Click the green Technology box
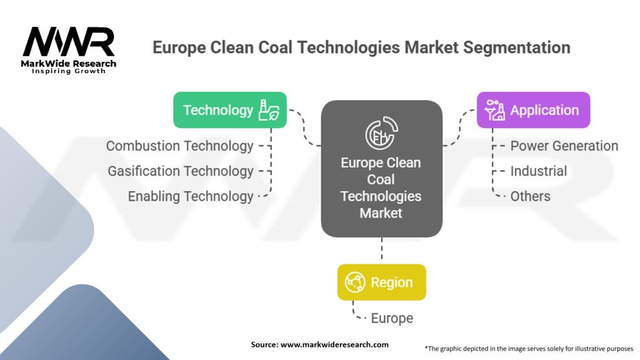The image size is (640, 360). pos(229,110)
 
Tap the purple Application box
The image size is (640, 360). pos(533,110)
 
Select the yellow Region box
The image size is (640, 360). pos(381,282)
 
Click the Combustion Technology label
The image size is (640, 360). pos(179,146)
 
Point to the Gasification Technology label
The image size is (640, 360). pos(181,171)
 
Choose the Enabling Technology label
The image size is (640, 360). pos(191,196)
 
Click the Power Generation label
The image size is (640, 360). pos(564,146)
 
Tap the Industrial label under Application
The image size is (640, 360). pos(538,171)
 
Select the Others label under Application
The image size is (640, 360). pos(530,196)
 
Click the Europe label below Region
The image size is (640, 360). pos(392,318)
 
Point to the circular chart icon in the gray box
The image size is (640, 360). pos(381,132)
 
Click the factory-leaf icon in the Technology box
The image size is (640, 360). pos(270,111)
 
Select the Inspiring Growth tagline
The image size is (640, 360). pos(69,71)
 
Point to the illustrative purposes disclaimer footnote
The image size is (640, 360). pos(529,349)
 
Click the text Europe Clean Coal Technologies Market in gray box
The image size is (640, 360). pos(381,187)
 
